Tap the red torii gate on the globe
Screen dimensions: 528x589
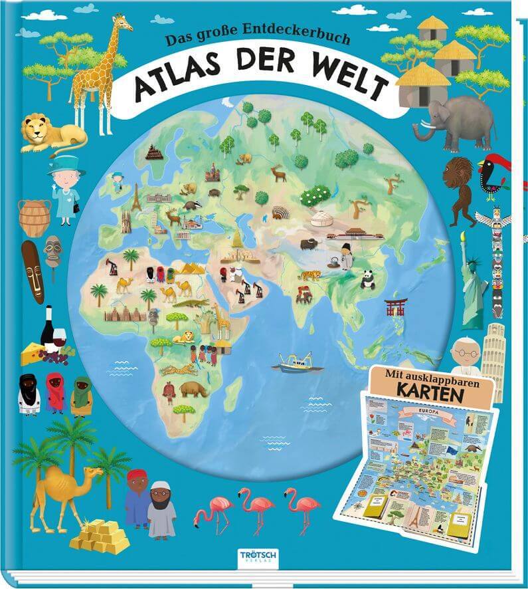pyautogui.click(x=395, y=306)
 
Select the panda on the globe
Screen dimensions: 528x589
pyautogui.click(x=367, y=280)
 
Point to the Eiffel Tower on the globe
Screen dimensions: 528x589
pyautogui.click(x=137, y=197)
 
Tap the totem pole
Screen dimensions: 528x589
pyautogui.click(x=498, y=263)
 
